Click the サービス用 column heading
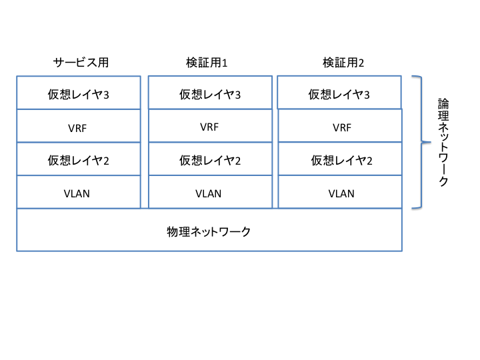tap(81, 63)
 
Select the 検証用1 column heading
tap(207, 63)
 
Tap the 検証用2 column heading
tap(343, 63)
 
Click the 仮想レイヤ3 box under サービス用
tap(79, 93)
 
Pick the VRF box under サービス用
tap(79, 126)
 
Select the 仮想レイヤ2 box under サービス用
tap(79, 159)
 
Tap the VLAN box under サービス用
tap(79, 193)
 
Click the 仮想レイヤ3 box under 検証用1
tap(210, 93)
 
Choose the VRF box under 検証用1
tap(210, 126)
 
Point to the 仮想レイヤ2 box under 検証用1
tap(210, 159)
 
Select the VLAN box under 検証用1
tap(210, 193)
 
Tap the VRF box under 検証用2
tap(340, 126)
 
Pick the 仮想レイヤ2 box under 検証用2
tap(340, 159)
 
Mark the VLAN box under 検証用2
tap(340, 193)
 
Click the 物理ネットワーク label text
tap(209, 231)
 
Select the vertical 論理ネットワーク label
tap(443, 142)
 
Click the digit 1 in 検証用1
tap(225, 64)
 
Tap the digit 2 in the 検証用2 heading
tap(361, 64)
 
